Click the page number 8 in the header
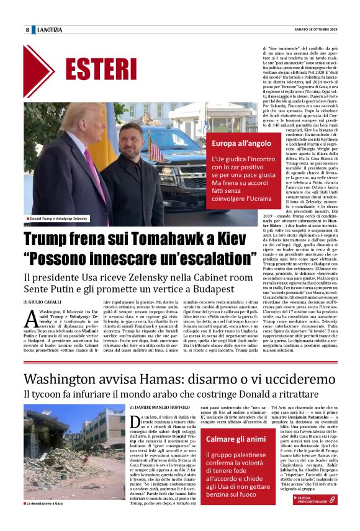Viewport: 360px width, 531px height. point(27,30)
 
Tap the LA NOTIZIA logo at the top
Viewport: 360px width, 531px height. point(50,30)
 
